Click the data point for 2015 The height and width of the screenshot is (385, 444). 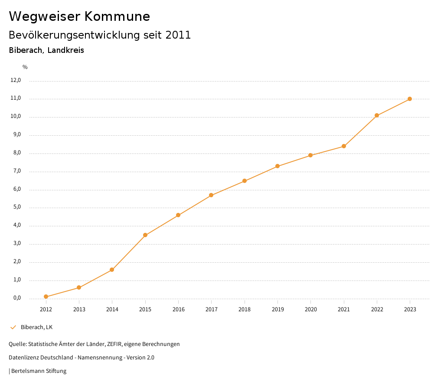(x=145, y=235)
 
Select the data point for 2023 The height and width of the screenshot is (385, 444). (x=410, y=99)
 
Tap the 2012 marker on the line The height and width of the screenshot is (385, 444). (x=46, y=297)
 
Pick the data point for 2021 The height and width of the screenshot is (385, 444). (x=344, y=146)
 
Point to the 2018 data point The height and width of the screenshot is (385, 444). (x=245, y=181)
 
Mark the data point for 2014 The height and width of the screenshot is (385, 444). (x=112, y=270)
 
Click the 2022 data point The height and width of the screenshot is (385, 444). (x=377, y=115)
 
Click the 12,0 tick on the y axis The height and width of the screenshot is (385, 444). (x=16, y=80)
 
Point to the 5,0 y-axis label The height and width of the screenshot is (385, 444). (x=16, y=207)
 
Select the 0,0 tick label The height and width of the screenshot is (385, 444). (x=16, y=298)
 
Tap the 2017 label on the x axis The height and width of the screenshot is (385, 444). (x=212, y=309)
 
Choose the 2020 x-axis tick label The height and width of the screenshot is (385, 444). (x=310, y=309)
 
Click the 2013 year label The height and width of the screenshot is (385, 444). (x=79, y=309)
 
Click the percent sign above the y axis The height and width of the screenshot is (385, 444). (x=25, y=67)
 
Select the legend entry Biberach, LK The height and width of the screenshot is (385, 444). (x=36, y=327)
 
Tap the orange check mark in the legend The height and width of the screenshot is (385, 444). (x=13, y=327)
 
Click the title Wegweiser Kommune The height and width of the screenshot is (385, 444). (x=79, y=16)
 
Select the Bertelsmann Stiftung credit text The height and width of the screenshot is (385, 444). (x=39, y=371)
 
